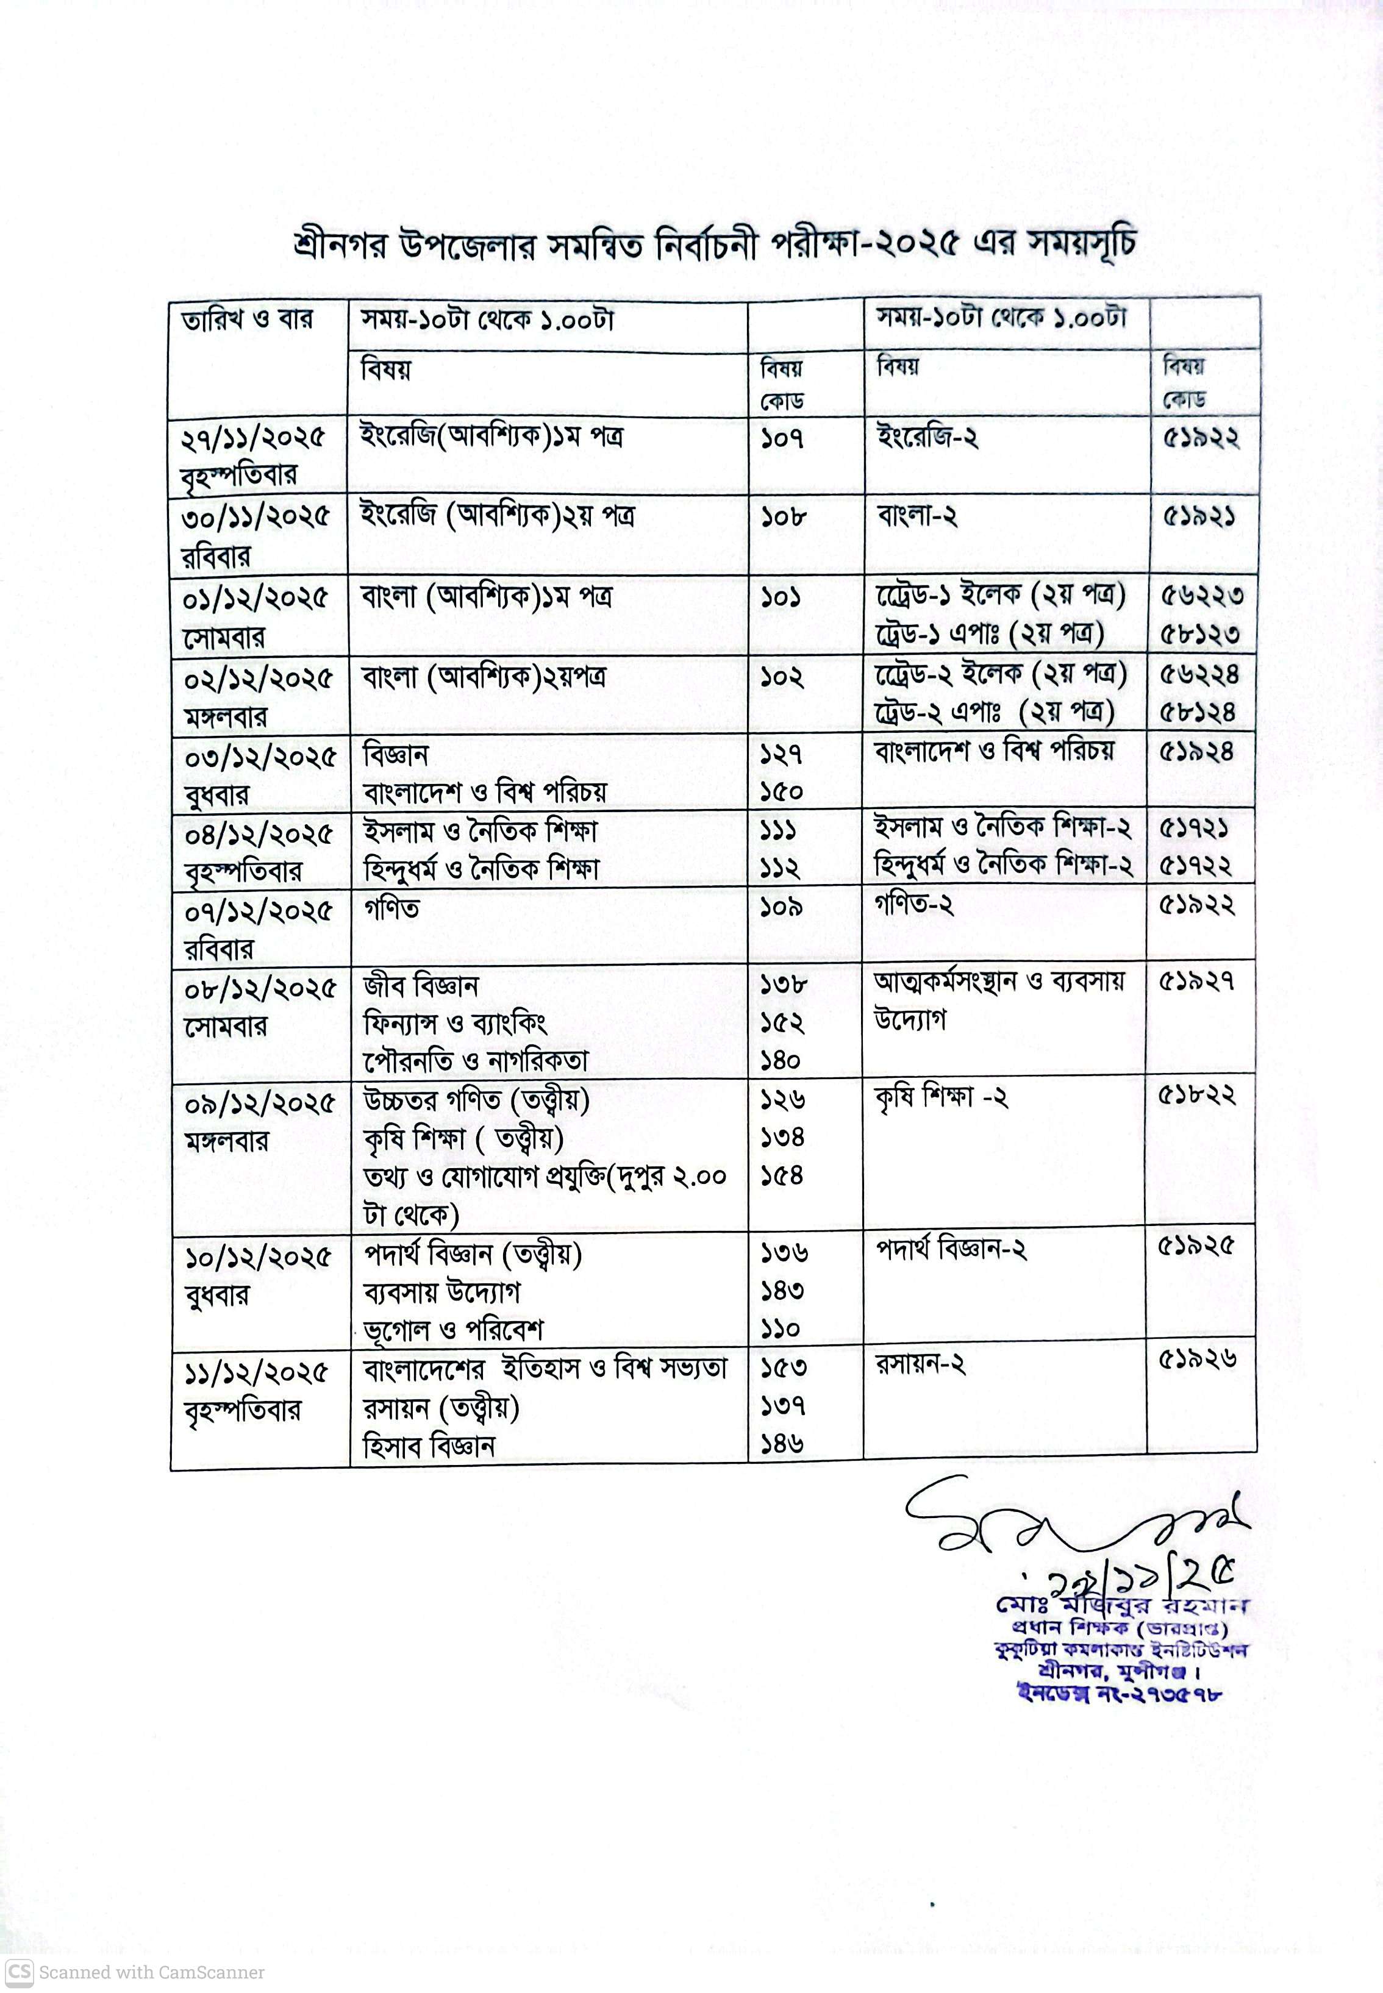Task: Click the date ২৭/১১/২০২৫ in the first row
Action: point(253,438)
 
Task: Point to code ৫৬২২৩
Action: point(1200,596)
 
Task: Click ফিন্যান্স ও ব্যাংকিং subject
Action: point(455,1024)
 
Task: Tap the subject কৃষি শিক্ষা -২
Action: point(941,1098)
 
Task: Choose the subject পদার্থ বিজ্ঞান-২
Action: point(951,1250)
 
